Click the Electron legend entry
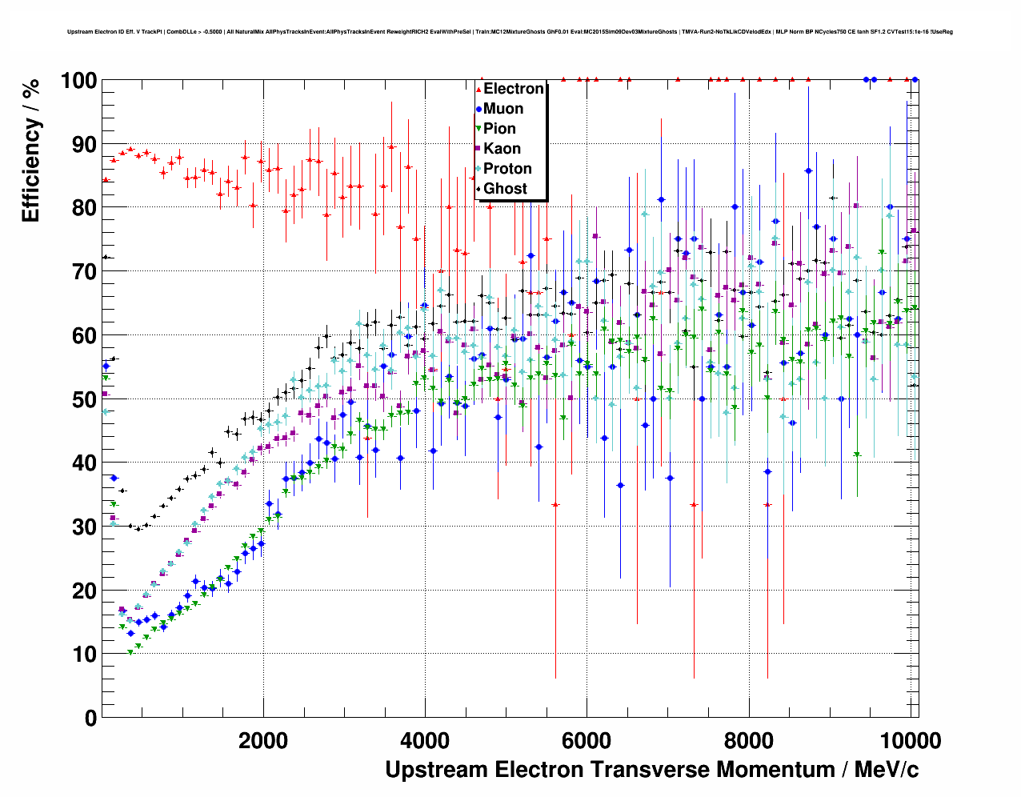click(514, 89)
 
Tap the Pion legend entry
click(499, 129)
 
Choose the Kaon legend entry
click(502, 149)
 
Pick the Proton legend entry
click(507, 169)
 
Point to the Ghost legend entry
click(505, 189)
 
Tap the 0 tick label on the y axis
click(90, 718)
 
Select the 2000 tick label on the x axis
click(263, 740)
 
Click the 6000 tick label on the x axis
click(587, 740)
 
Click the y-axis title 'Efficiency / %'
click(30, 151)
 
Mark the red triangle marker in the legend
click(478, 90)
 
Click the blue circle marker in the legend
click(478, 110)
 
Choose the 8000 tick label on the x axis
click(748, 740)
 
